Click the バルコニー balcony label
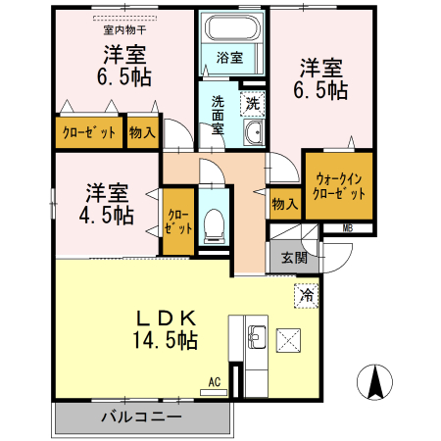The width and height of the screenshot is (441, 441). coord(141,417)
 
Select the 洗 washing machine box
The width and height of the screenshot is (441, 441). coord(252,101)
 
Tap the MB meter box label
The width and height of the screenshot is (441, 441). coord(348,228)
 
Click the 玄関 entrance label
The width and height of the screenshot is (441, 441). coord(293,258)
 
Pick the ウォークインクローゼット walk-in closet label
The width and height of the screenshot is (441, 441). coord(340,186)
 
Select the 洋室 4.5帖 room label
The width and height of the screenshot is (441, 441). coord(107,203)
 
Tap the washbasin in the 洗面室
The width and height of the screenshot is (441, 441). coord(252,135)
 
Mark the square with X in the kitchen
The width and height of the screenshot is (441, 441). coord(291,341)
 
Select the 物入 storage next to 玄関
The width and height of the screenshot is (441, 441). coord(284,204)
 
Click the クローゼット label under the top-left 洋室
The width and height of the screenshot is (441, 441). coord(90,131)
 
